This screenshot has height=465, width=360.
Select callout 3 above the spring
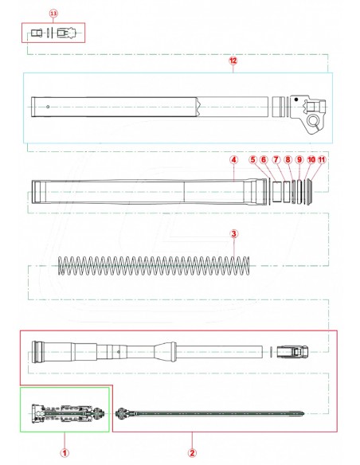233,234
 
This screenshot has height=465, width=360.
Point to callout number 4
233,159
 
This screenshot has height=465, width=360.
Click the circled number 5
253,159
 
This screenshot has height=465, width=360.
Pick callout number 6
264,159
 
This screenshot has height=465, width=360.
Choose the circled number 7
276,159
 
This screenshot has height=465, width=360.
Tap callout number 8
288,159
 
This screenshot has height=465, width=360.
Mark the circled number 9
299,159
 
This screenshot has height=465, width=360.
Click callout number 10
311,159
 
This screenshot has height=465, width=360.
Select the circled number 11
323,159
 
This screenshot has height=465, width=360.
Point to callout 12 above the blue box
233,61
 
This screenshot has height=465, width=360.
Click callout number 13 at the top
53,14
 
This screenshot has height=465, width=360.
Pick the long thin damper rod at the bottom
215,413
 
